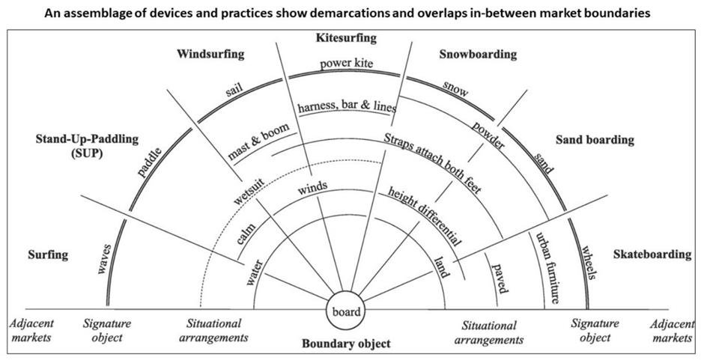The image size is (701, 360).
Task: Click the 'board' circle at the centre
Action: pos(346,311)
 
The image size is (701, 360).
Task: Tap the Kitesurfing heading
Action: pos(346,38)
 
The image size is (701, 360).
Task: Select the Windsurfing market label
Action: pos(210,55)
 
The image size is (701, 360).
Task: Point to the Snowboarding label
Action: pos(478,55)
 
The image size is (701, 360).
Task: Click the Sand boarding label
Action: pos(595,140)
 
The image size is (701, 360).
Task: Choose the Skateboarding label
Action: pos(652,254)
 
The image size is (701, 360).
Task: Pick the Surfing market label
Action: pos(48,255)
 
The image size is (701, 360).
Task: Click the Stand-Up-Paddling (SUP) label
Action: pos(87,145)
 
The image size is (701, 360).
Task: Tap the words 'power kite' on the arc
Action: pos(346,64)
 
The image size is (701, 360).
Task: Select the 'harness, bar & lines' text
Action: pos(347,108)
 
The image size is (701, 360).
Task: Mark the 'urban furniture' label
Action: pos(547,267)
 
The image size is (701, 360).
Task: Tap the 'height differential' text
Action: pos(424,216)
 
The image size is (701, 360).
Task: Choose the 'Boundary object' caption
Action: pos(346,344)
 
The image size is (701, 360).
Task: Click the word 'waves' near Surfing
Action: pos(103,259)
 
